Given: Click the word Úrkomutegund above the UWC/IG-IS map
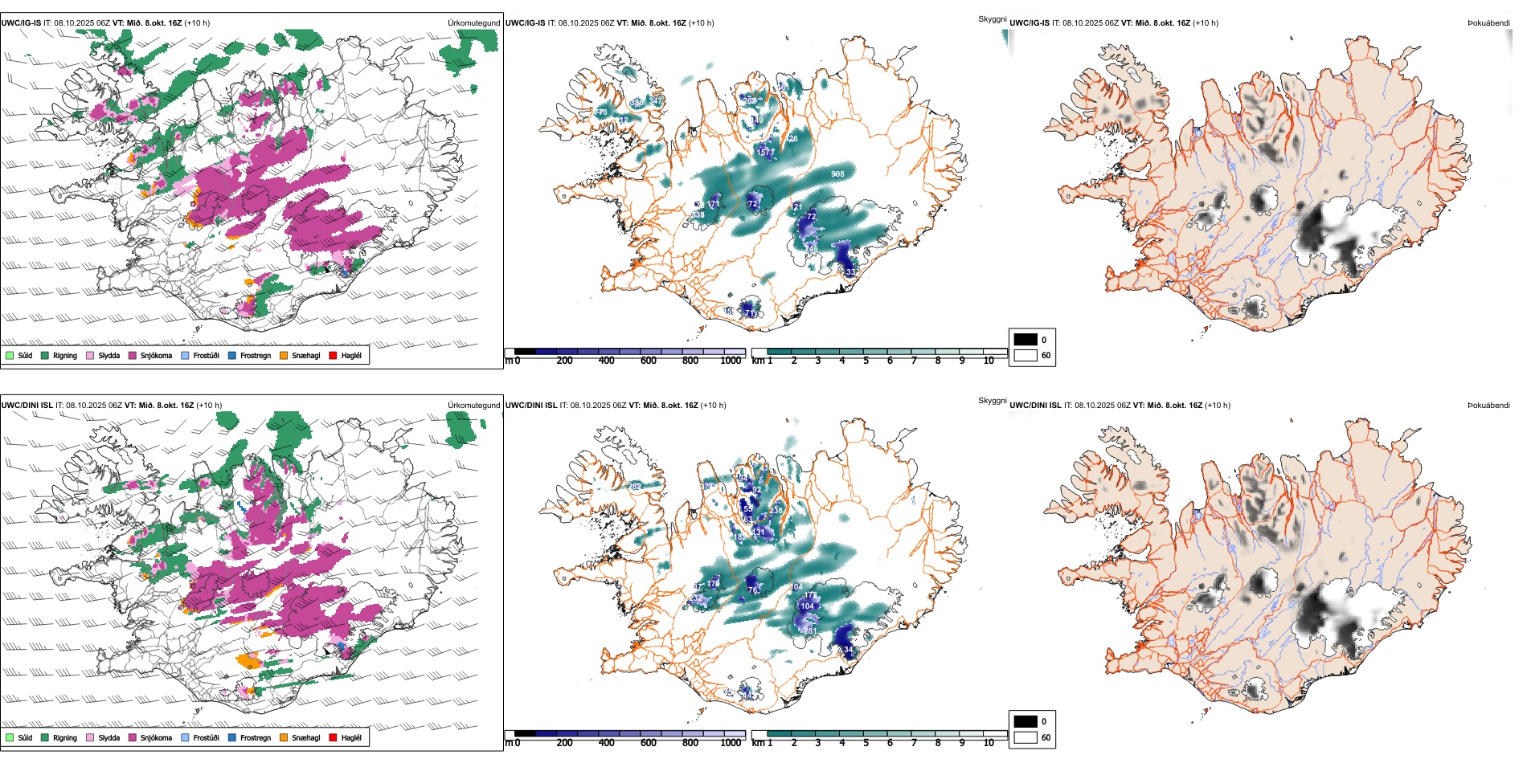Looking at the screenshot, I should pyautogui.click(x=473, y=22).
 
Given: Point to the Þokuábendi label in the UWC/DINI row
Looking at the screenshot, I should pyautogui.click(x=1488, y=405).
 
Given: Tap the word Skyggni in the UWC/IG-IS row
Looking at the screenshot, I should pyautogui.click(x=992, y=18).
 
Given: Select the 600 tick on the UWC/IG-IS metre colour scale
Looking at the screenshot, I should pyautogui.click(x=649, y=361).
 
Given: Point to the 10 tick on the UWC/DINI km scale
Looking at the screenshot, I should pyautogui.click(x=989, y=743).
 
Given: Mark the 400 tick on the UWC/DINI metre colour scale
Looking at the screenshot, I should pyautogui.click(x=607, y=743).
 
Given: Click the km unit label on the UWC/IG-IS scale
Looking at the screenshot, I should pyautogui.click(x=757, y=361).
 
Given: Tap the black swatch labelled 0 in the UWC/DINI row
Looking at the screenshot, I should pyautogui.click(x=1026, y=721).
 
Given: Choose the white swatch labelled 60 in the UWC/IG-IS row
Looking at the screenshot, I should pyautogui.click(x=1026, y=355).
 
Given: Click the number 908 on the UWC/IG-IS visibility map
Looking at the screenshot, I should pyautogui.click(x=837, y=173).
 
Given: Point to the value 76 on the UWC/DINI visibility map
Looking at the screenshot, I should pyautogui.click(x=753, y=590).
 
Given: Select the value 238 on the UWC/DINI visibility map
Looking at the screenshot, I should pyautogui.click(x=776, y=510).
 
